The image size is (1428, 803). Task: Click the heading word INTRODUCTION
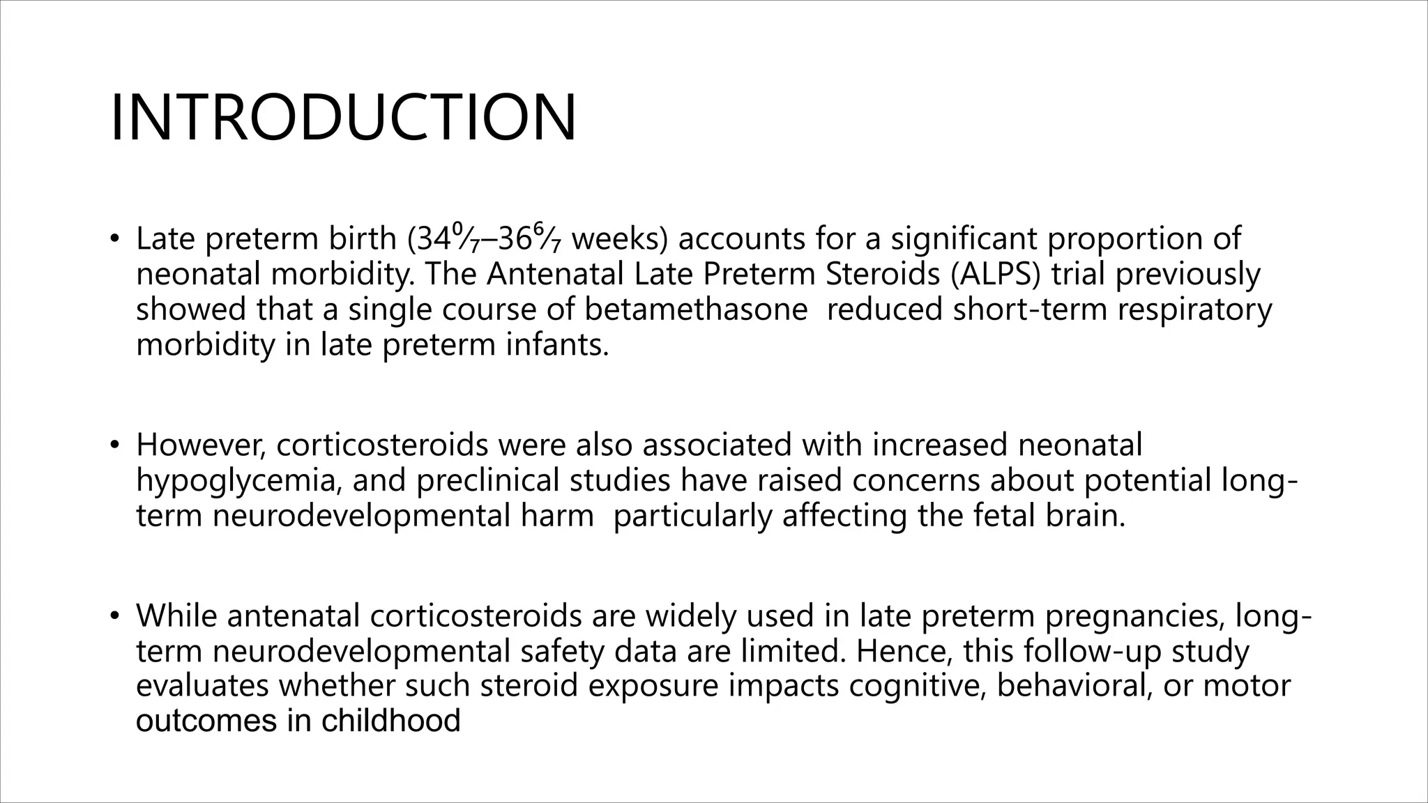coord(343,118)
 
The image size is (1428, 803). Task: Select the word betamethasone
coord(696,309)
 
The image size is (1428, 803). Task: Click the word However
coord(200,445)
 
